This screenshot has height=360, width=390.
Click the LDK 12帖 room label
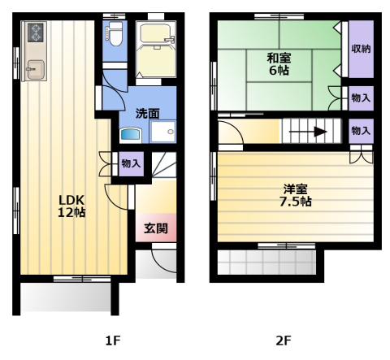tap(71, 205)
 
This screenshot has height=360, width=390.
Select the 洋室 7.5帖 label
tap(295, 196)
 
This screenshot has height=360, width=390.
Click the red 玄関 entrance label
tap(156, 228)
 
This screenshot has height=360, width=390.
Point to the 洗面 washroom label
tap(146, 113)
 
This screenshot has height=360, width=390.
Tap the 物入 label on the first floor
tap(131, 163)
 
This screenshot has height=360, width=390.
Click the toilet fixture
tap(114, 35)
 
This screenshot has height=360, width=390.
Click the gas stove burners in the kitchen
tap(36, 33)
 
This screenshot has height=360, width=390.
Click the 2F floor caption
tap(283, 340)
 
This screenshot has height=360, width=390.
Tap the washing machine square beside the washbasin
tap(167, 132)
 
